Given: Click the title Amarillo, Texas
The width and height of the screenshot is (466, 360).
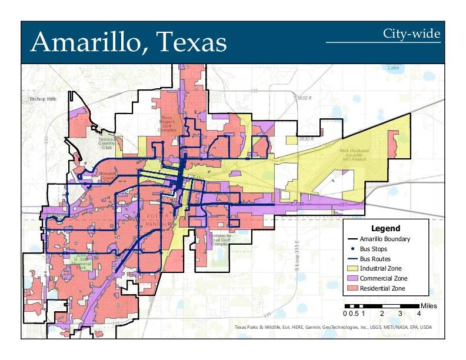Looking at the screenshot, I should pyautogui.click(x=128, y=42).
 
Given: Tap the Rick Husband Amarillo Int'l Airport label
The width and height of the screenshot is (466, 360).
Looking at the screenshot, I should pyautogui.click(x=361, y=154).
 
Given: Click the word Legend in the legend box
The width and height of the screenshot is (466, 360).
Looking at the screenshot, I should pyautogui.click(x=385, y=228).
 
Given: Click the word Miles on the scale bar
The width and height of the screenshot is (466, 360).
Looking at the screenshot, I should pyautogui.click(x=428, y=306).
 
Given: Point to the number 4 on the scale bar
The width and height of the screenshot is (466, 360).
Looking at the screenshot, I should pyautogui.click(x=418, y=314).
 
